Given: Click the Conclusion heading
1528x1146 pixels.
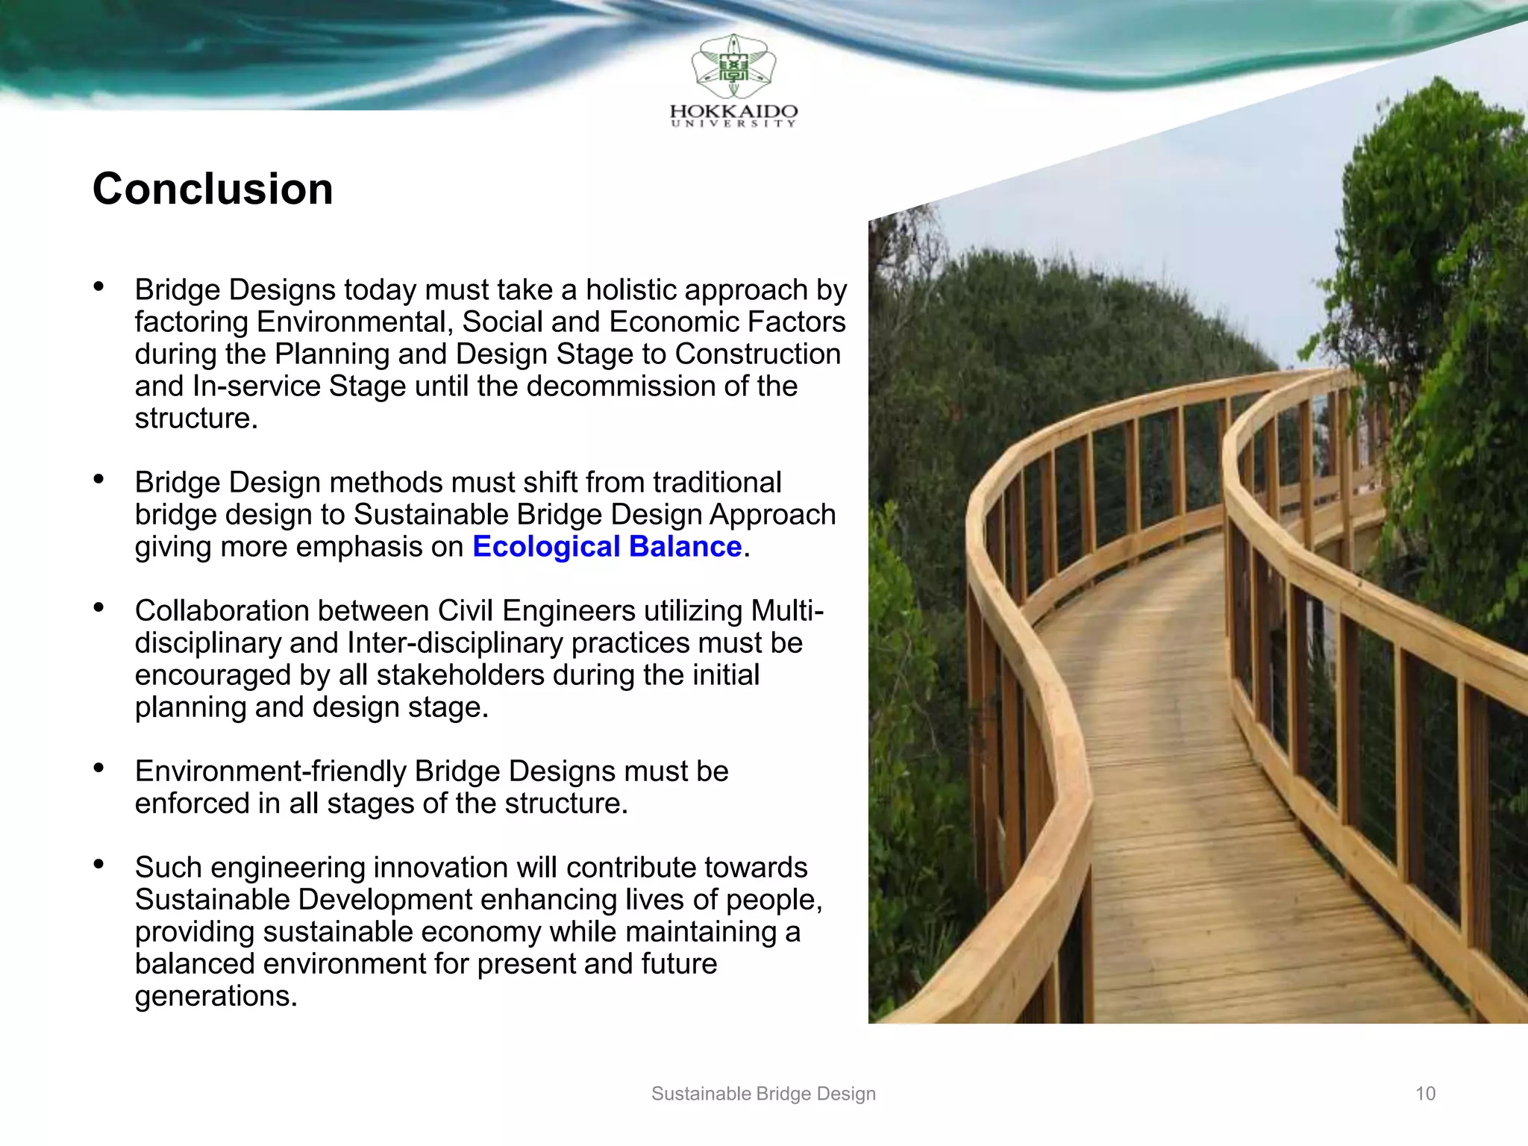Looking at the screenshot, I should pos(213,189).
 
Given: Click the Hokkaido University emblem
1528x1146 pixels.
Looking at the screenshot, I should pos(733,67).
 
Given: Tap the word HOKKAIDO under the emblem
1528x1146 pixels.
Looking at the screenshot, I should pos(733,111).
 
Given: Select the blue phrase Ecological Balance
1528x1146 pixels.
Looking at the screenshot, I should pos(607,547).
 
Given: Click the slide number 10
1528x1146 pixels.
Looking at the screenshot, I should pos(1425,1094).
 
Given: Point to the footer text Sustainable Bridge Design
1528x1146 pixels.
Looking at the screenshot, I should pos(763,1094).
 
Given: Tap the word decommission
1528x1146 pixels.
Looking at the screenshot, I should pos(636,386).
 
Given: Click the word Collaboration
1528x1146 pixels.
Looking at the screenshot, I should pos(222,611).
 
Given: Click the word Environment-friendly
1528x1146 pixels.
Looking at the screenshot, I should pos(270,771).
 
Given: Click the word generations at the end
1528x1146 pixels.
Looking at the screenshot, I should pos(216,996).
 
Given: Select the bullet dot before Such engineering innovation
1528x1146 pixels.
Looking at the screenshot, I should pos(98,865).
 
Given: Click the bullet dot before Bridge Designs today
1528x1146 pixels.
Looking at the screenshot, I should pos(98,287).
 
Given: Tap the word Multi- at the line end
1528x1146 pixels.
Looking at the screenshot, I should pos(787,611).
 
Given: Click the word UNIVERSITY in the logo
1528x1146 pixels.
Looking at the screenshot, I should pos(733,124).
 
